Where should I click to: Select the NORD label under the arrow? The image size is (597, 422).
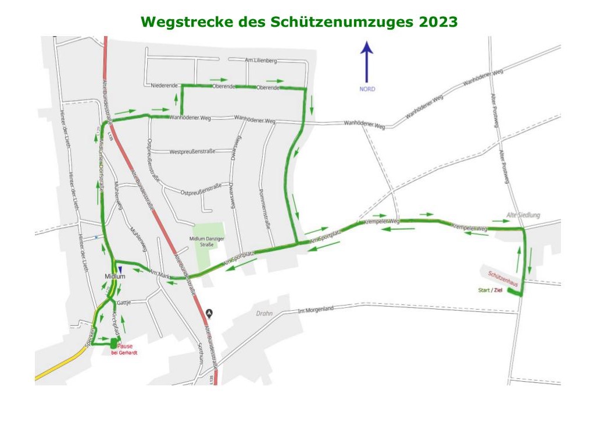coord(367,89)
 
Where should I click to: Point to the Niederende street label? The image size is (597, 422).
coord(163,86)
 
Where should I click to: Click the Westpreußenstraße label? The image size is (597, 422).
coord(192,151)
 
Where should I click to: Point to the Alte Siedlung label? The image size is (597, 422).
coord(523,215)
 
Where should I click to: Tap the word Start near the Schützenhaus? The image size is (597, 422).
coord(483,290)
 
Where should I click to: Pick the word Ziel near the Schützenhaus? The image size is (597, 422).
coord(498,290)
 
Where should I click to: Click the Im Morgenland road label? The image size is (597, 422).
coord(315,309)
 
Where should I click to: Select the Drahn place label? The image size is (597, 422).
coord(264,313)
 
